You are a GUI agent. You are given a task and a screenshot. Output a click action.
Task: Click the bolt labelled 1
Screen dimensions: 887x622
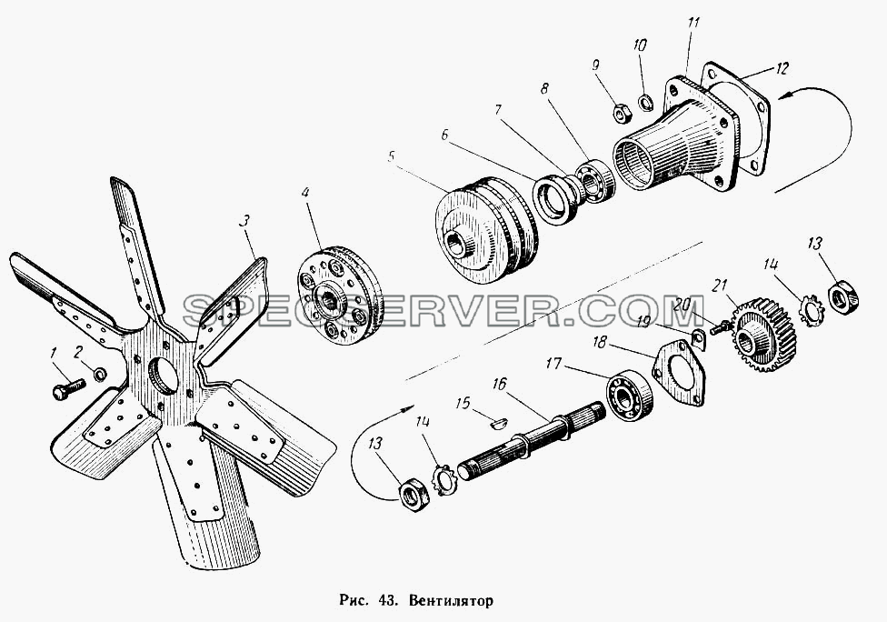[x=68, y=389]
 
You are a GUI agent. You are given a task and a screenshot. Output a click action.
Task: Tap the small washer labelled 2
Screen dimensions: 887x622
[x=100, y=374]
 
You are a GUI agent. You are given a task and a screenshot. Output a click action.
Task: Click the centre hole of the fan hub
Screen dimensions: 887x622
[x=161, y=376]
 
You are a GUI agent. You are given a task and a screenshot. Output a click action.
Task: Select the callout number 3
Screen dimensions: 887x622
[x=244, y=221]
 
